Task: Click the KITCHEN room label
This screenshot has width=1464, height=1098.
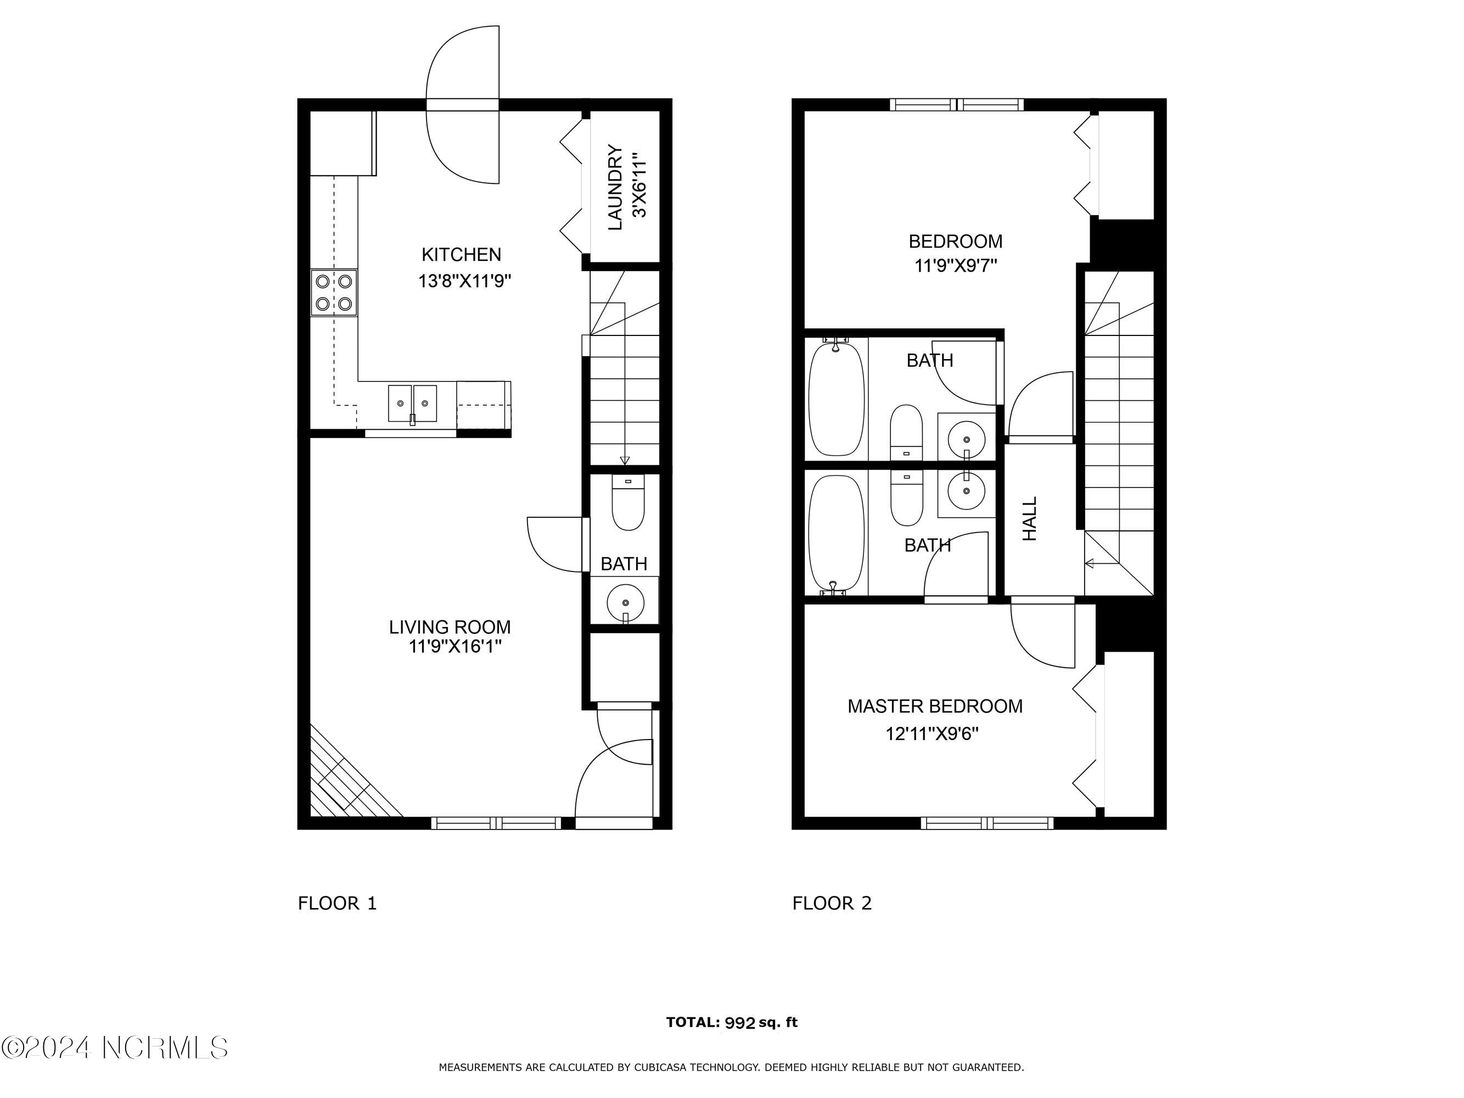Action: (461, 254)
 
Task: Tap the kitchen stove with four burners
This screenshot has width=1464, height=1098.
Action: (334, 292)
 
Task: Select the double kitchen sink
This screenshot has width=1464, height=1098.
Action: (412, 403)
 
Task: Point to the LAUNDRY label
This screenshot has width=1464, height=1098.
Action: (615, 187)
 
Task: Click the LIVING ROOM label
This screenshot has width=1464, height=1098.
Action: (450, 627)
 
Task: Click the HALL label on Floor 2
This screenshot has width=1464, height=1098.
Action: (1030, 519)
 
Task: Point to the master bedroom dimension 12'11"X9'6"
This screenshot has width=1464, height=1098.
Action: (932, 734)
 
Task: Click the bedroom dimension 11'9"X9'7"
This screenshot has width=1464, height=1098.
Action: (956, 265)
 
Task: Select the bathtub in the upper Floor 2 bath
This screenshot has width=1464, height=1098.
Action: (837, 397)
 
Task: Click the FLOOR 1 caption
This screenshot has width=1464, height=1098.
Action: (338, 904)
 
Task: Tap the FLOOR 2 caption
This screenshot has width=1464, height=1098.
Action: (832, 904)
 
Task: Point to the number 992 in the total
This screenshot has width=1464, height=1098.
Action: (740, 1023)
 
